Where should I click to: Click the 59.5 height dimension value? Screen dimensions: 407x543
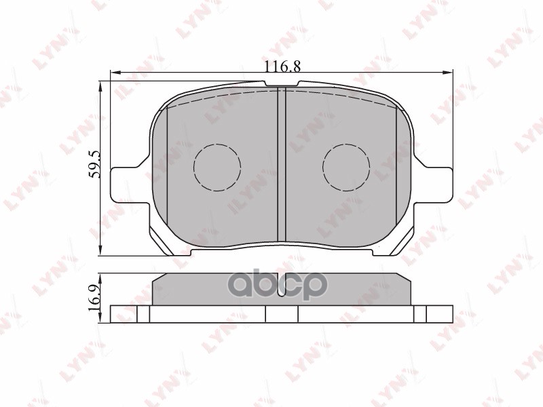[96, 165]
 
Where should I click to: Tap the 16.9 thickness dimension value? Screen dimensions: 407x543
[96, 293]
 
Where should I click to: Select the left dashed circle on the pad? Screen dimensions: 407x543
[217, 167]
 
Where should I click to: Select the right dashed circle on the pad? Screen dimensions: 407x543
[346, 167]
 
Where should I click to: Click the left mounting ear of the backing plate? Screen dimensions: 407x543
[126, 183]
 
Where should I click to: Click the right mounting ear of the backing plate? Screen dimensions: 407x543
[438, 183]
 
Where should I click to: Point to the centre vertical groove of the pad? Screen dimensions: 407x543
[282, 166]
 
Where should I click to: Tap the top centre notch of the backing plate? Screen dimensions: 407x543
[282, 85]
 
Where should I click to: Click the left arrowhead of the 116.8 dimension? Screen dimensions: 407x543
[114, 72]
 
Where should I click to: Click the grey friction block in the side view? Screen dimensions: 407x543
[282, 290]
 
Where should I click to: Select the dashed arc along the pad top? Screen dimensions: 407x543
[224, 95]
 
